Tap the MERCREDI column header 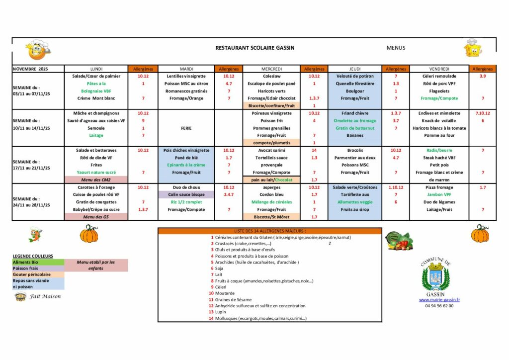click(271, 69)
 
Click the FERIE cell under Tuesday click(186, 128)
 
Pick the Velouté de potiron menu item click(354, 76)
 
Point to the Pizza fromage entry click(438, 187)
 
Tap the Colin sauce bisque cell click(186, 195)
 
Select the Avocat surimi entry click(271, 150)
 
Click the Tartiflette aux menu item click(354, 195)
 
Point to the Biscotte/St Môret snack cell click(271, 217)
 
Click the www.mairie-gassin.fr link click(439, 300)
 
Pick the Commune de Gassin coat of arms click(435, 276)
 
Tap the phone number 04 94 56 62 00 click(439, 306)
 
